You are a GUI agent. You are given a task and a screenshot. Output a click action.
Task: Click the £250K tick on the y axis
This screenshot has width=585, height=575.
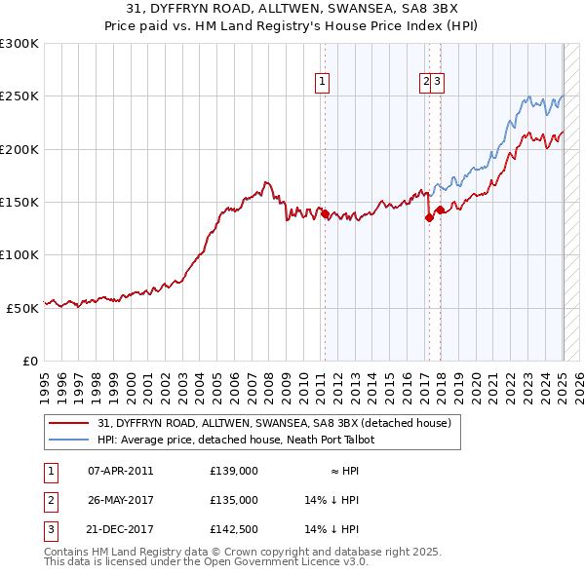click(19, 96)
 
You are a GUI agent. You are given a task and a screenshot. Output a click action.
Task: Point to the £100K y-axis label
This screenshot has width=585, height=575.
click(19, 254)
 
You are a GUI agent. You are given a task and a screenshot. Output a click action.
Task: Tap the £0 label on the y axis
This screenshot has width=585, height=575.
click(29, 361)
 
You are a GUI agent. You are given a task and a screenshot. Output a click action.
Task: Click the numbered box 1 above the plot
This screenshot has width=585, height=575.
click(322, 83)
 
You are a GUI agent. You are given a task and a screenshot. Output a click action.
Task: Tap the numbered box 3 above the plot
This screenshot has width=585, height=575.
click(438, 83)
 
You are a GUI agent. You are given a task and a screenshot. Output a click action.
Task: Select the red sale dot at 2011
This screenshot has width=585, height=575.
click(325, 213)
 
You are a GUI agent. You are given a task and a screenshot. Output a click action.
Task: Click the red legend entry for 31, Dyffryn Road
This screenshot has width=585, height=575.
click(274, 423)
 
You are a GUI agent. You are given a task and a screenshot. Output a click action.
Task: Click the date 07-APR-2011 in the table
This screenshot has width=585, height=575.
click(120, 471)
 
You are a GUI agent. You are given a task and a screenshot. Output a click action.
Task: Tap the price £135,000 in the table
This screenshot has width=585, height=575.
click(233, 501)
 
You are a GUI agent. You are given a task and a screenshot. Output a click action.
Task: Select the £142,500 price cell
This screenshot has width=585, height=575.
click(233, 530)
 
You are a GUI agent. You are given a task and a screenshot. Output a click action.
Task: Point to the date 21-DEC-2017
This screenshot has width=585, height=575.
click(120, 530)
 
